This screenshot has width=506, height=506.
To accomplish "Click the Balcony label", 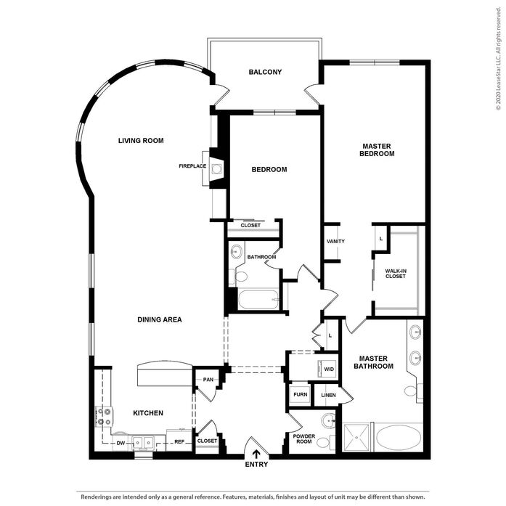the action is pos(265,72).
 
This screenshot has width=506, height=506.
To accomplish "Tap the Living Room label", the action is pos(141,141).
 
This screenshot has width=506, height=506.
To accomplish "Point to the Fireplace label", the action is pos(192,166).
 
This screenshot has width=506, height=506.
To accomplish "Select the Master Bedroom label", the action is pos(377,150).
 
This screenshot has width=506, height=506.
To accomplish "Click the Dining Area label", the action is pos(160,319).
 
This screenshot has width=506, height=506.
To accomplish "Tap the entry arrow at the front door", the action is pos(256,454).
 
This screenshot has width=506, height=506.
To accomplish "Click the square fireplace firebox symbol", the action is pos(216,168).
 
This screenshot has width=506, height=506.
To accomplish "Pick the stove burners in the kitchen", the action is pos(104,417).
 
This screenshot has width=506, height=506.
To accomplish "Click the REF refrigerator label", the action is pos(179,442).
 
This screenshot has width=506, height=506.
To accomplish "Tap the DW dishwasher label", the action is pos(121,443).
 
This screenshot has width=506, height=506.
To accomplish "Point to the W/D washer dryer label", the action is pos(329,370).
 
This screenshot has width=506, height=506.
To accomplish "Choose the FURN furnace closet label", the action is pos(300,394).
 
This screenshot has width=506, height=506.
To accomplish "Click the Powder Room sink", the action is pos(328,421).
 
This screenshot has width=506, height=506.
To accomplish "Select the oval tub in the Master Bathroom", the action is pos(399,436).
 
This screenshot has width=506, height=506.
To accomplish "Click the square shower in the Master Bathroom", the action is pos(356,437).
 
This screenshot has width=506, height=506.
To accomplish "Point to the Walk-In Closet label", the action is pos(396,274).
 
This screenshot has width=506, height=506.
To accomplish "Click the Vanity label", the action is pos(335,241).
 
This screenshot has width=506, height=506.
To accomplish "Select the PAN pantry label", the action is pos(208,380).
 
